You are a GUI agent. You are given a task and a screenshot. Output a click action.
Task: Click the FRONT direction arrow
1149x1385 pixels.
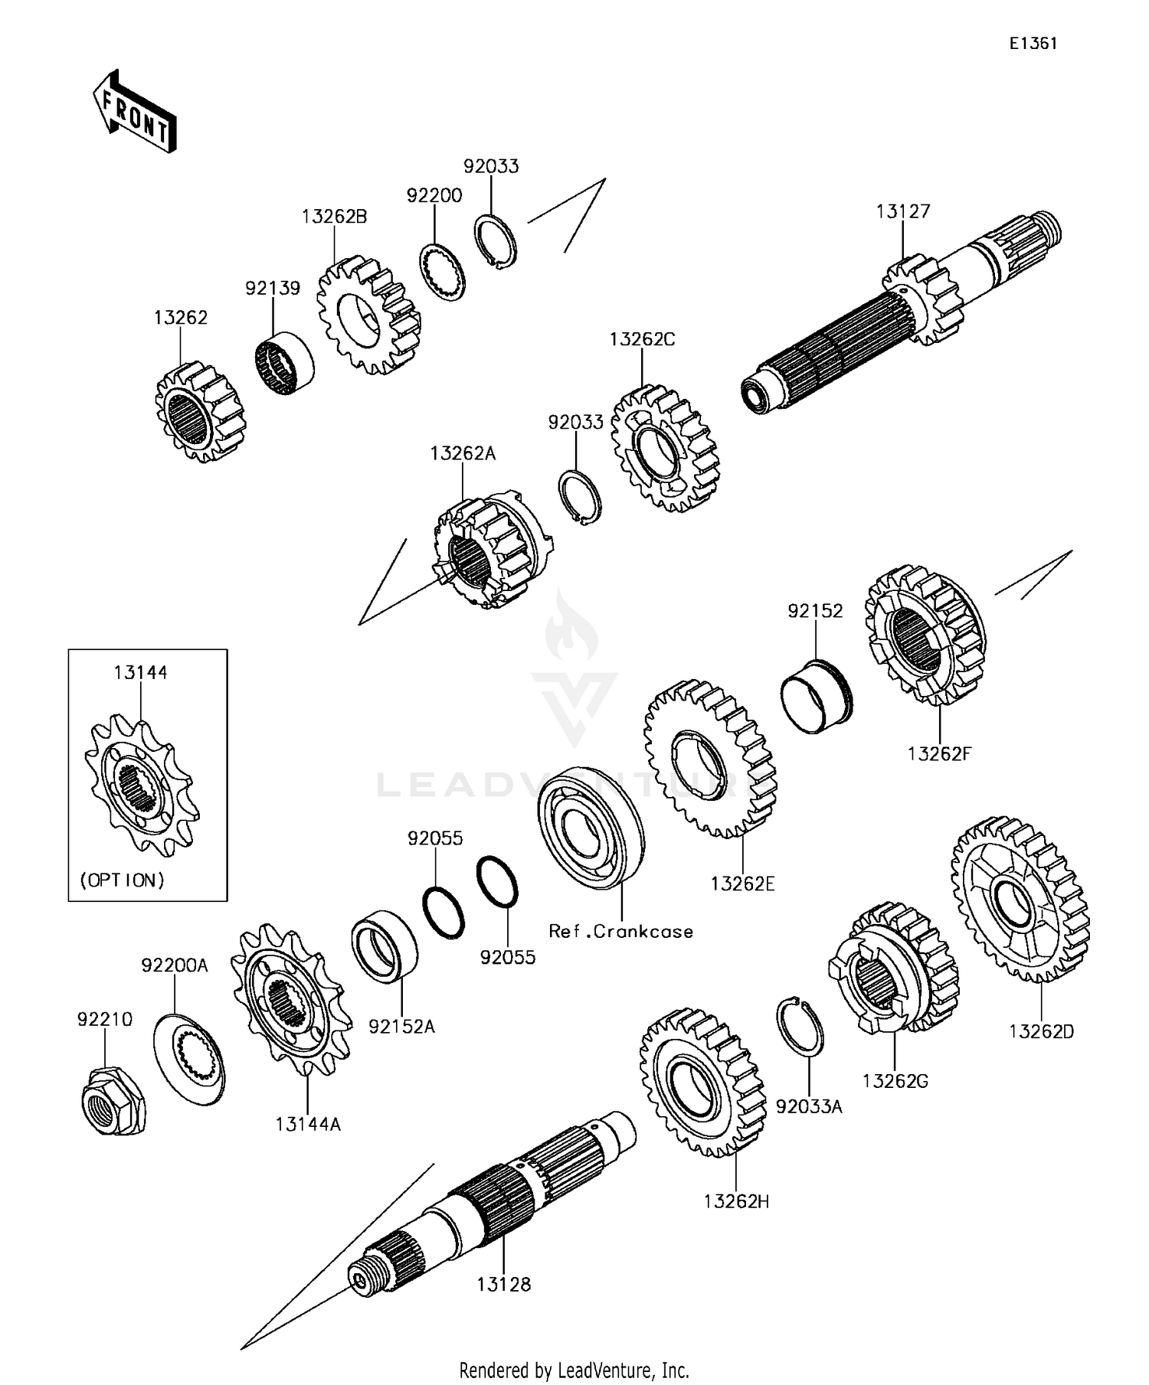point(134,112)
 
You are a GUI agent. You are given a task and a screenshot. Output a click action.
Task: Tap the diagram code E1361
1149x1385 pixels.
point(1033,44)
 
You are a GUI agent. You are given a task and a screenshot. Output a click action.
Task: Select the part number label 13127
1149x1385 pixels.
point(903,211)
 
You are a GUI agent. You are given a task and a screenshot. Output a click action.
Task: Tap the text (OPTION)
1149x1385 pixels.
point(123,880)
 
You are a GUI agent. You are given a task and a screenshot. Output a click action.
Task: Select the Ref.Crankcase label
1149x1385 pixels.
point(620,931)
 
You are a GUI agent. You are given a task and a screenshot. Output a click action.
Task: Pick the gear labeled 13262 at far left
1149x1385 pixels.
point(200,413)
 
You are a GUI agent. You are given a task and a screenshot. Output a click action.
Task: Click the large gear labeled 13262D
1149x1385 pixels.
point(1020,900)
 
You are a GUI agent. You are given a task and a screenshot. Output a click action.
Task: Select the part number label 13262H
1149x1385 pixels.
point(736,1201)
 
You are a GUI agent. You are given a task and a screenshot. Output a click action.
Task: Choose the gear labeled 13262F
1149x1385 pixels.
point(925,635)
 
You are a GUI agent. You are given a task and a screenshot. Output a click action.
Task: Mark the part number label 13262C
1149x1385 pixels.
point(642,339)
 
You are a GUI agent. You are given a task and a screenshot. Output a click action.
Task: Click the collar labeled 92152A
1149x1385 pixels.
point(384,946)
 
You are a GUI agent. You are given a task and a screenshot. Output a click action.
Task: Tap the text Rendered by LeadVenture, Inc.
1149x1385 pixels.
point(574,1370)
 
